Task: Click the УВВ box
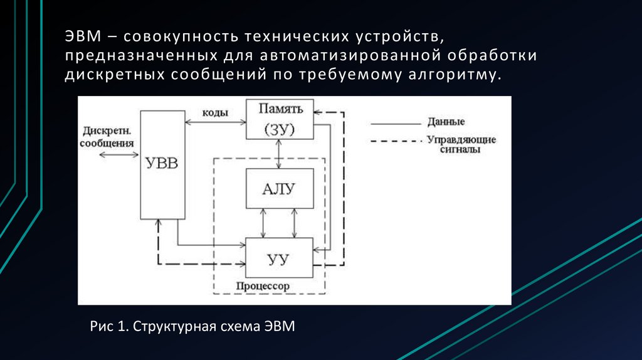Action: (x=162, y=164)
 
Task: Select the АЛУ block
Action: (x=279, y=189)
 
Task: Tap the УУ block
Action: (x=279, y=258)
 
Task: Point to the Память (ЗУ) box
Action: (x=279, y=119)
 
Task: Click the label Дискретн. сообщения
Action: (x=107, y=137)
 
